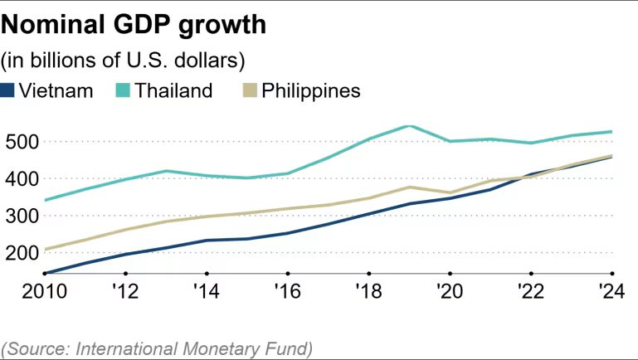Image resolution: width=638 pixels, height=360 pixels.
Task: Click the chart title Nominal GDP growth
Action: [x=134, y=25]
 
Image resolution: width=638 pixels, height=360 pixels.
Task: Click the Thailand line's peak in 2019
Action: [x=408, y=126]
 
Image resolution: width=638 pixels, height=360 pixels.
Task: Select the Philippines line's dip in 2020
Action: [x=449, y=192]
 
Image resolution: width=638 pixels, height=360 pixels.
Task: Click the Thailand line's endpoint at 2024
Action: [x=611, y=132]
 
